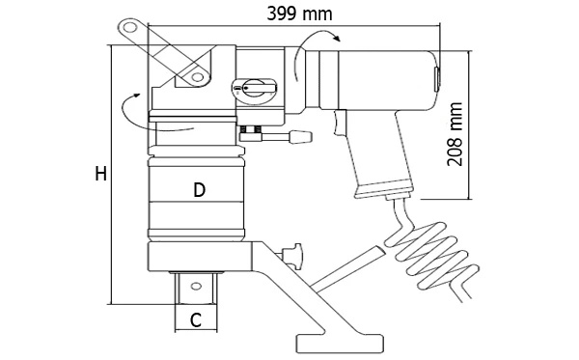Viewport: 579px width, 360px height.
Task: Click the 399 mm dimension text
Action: click(x=299, y=14)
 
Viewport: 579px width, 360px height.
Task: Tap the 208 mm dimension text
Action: click(x=455, y=134)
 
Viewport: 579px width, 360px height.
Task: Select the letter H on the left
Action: click(x=100, y=174)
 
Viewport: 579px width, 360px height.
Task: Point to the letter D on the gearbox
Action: click(x=199, y=190)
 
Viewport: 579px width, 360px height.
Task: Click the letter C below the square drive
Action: click(x=196, y=319)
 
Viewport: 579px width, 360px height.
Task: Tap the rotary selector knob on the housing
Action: click(x=255, y=88)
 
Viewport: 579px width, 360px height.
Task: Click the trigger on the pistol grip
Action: click(x=339, y=123)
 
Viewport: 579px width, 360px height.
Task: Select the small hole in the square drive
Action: click(x=195, y=286)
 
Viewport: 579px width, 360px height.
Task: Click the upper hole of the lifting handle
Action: click(x=129, y=27)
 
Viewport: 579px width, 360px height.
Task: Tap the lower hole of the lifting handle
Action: click(x=198, y=77)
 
